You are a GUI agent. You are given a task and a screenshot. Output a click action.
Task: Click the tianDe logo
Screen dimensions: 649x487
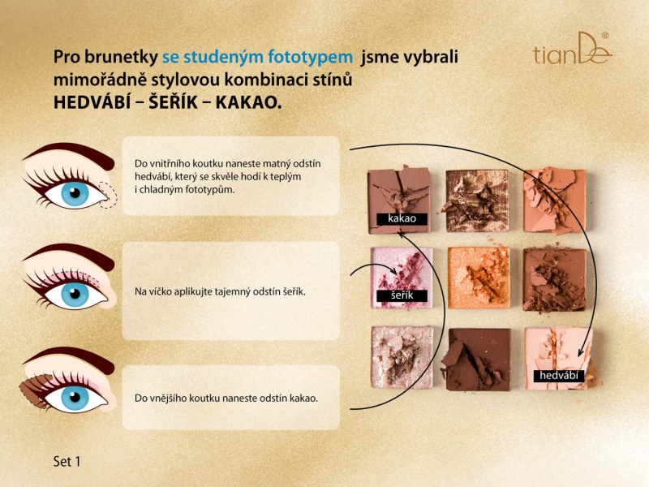pos(573,49)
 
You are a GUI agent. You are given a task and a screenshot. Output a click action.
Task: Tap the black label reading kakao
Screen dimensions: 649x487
pos(402,219)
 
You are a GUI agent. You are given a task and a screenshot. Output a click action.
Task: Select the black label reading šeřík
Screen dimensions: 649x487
pos(402,295)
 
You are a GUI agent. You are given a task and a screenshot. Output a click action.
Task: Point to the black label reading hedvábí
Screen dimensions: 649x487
pos(559,376)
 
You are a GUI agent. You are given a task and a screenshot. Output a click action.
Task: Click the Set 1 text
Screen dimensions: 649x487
pos(67,461)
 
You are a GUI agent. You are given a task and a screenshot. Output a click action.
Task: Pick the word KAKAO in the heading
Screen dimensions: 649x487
pos(248,103)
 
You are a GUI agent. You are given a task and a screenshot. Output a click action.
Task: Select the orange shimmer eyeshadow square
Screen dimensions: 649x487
pos(479,278)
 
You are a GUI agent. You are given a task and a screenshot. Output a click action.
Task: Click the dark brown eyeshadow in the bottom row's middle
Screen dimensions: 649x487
pos(478,359)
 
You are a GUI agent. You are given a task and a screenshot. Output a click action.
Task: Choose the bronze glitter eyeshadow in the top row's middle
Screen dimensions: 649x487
pos(477,200)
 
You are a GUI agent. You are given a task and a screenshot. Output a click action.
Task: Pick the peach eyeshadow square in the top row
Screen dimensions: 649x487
pos(555,200)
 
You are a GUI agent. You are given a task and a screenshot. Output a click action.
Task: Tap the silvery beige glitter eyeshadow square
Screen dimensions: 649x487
pos(402,357)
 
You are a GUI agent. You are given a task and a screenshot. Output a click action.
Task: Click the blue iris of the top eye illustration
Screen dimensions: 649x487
pos(75,194)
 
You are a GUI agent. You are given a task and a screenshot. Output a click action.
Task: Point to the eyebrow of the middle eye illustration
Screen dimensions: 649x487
pos(71,253)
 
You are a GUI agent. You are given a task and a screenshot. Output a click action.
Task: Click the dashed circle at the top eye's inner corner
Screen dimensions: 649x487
pos(109,195)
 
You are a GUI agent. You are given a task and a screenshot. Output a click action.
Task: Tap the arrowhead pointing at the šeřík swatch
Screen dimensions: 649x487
pos(394,272)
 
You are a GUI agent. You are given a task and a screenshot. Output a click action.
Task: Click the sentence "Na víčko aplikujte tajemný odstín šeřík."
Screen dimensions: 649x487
pos(220,291)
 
